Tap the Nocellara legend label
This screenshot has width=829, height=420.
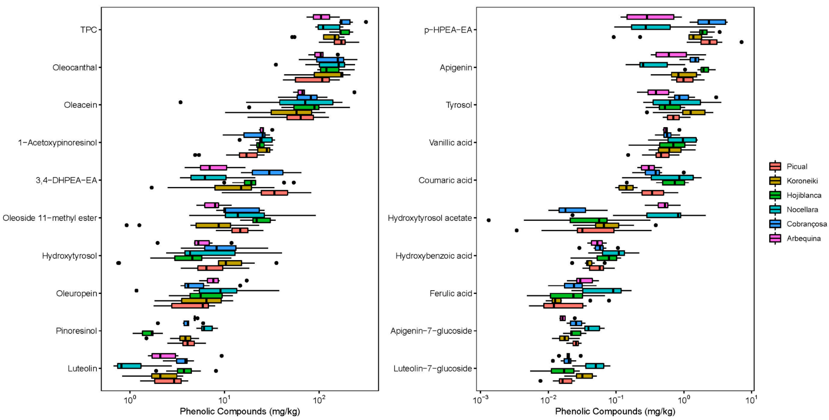click(x=802, y=210)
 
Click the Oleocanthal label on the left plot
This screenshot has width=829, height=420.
click(x=75, y=68)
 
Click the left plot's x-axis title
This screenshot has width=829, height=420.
click(x=240, y=411)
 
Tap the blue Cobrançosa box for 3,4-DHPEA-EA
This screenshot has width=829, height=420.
click(x=267, y=172)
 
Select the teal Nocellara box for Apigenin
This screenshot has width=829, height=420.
click(x=653, y=65)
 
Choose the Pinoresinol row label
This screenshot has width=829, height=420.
click(x=76, y=331)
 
